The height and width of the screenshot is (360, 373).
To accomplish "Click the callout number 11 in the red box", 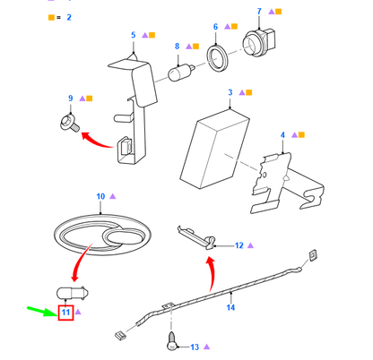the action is click(65, 313).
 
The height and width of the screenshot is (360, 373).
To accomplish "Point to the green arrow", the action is click(41, 311).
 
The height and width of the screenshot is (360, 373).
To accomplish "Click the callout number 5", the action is click(134, 35).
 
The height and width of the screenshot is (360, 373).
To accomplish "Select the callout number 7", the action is click(259, 12).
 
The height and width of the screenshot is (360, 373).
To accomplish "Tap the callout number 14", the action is click(230, 307).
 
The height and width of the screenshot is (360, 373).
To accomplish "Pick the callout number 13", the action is click(195, 347).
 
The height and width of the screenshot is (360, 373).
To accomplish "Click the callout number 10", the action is click(100, 196).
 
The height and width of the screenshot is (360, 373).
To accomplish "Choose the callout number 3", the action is click(230, 92).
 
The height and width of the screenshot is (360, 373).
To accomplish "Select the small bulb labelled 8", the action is click(181, 73).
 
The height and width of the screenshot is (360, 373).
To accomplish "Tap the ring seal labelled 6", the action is click(218, 59).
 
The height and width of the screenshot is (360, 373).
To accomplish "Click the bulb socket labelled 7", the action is click(259, 42).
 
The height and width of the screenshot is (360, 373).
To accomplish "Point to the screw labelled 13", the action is click(172, 341).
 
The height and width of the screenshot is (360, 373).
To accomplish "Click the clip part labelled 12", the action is click(197, 237).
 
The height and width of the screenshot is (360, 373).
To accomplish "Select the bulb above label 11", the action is click(73, 293).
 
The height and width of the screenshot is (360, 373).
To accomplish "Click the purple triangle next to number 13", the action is click(206, 347).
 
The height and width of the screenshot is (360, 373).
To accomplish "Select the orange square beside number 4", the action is click(301, 135).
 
